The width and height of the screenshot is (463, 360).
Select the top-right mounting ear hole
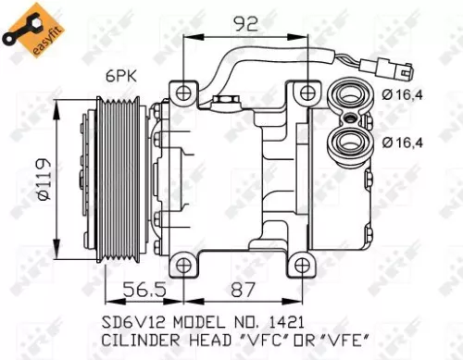point(307,93)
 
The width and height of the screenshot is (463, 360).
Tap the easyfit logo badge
point(26,27)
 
